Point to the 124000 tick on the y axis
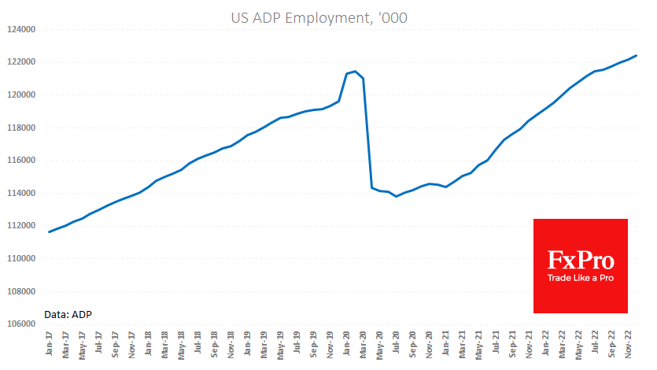click(x=22, y=29)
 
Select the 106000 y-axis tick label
click(x=22, y=324)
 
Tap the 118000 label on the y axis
click(x=22, y=128)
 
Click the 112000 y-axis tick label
click(x=22, y=226)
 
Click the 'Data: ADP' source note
click(x=68, y=314)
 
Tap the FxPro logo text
click(x=581, y=261)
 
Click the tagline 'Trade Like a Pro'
click(x=581, y=279)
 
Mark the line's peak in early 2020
click(x=356, y=72)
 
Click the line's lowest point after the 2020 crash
click(x=397, y=196)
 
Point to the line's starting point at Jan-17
click(x=50, y=231)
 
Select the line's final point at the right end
click(x=636, y=56)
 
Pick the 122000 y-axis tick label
click(x=22, y=62)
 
